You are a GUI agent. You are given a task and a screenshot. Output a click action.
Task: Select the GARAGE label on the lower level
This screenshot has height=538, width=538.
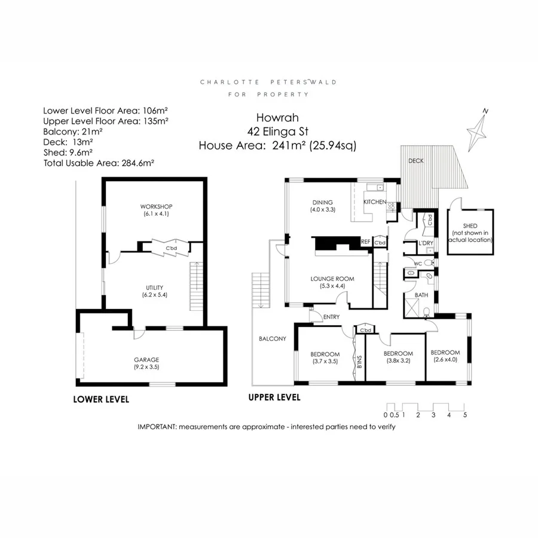(x=146, y=359)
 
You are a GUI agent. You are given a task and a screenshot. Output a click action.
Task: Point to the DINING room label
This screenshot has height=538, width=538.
(x=322, y=202)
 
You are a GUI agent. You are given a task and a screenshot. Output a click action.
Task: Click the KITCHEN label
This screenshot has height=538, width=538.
(x=375, y=203)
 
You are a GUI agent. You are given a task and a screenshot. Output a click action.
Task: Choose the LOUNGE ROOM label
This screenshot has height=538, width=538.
(x=332, y=279)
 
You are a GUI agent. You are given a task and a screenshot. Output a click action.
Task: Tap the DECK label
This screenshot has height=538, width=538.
(x=415, y=161)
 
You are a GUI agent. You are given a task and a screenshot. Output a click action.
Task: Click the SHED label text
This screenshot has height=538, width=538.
(x=470, y=226)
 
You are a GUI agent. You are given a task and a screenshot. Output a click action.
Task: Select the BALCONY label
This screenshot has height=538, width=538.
(x=272, y=338)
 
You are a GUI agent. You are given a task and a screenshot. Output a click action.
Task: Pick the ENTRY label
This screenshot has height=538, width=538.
(x=331, y=317)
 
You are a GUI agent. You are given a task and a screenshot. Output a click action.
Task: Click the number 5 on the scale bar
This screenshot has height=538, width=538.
(x=464, y=415)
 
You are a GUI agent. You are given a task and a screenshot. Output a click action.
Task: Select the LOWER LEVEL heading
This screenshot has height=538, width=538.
(x=100, y=399)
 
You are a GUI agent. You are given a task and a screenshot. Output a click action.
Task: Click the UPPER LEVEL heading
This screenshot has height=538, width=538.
(x=274, y=398)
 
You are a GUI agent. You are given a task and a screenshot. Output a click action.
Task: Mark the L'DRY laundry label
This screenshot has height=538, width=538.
(x=426, y=243)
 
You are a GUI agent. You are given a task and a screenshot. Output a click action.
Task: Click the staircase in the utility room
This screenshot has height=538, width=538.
(x=195, y=283)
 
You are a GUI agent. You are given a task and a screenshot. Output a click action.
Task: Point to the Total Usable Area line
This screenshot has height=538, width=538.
(x=99, y=162)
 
